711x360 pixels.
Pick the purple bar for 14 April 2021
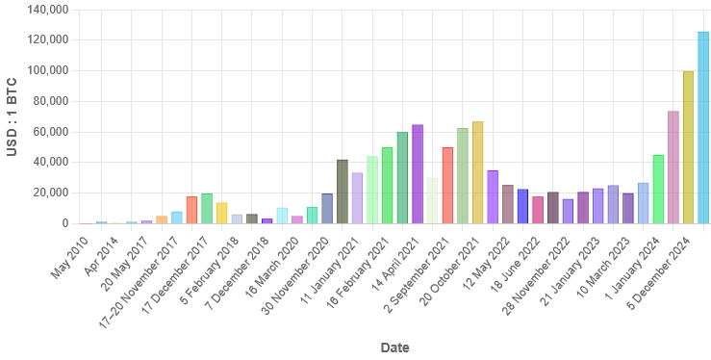[418, 174]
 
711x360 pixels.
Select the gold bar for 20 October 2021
[478, 172]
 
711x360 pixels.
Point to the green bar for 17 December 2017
[207, 208]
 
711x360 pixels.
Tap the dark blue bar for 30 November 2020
[327, 208]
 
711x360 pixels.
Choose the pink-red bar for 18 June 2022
[538, 210]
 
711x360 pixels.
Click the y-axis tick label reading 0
[63, 223]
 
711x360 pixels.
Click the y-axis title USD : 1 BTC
[12, 116]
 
